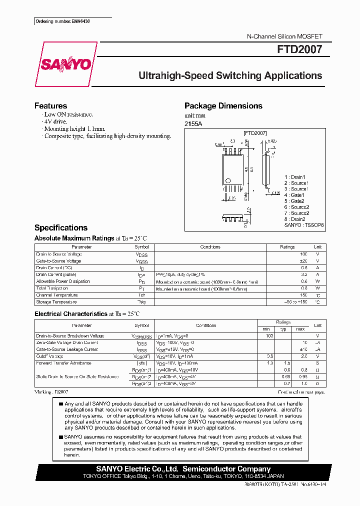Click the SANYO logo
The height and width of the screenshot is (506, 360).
click(65, 64)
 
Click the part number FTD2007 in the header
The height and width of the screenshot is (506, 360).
click(299, 50)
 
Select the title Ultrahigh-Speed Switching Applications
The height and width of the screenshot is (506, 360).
click(230, 76)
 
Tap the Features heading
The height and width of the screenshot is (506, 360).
click(50, 106)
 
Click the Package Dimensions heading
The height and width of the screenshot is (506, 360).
click(223, 106)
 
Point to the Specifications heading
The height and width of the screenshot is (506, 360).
click(60, 227)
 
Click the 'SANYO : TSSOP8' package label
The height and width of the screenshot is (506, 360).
click(304, 225)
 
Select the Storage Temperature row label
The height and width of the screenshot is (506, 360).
click(56, 302)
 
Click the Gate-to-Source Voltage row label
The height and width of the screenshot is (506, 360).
click(58, 261)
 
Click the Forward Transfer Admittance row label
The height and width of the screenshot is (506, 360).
click(63, 363)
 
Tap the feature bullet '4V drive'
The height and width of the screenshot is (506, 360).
click(55, 121)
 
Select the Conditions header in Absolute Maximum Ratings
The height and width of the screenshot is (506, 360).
click(210, 247)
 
